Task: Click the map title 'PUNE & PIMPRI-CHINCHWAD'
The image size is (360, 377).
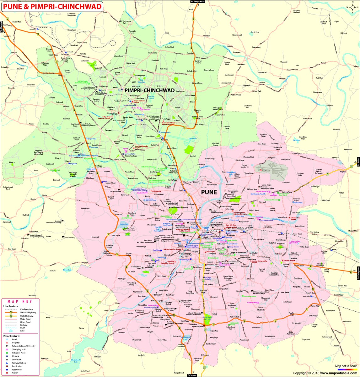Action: click(x=51, y=6)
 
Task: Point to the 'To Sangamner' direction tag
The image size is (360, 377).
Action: click(x=198, y=2)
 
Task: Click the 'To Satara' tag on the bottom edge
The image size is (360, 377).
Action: click(x=192, y=375)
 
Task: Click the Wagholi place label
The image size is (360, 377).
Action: click(x=343, y=172)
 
